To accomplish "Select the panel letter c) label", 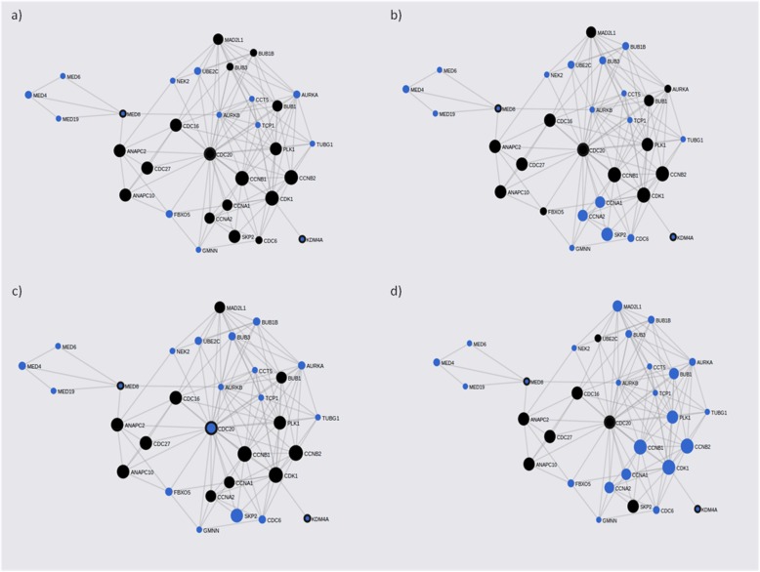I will [x=16, y=290].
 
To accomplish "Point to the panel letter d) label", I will [x=395, y=290].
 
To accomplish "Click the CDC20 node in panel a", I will [x=209, y=153].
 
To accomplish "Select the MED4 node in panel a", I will [x=29, y=95].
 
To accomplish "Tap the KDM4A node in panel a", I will [x=302, y=239].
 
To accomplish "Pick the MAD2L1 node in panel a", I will [x=219, y=39].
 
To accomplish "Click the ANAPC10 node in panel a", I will [x=125, y=195].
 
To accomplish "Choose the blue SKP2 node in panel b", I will [x=608, y=234].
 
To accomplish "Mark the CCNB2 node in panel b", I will [x=663, y=174].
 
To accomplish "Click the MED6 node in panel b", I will [x=439, y=70].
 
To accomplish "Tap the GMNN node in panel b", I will [x=571, y=249].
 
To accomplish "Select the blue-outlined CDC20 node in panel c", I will [x=210, y=429].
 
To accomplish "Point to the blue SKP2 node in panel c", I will [x=236, y=515].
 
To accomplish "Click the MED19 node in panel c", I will [x=54, y=391].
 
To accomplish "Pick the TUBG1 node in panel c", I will [x=316, y=418].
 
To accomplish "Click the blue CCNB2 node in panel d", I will [x=688, y=446].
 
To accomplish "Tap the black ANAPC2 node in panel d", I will [x=524, y=419].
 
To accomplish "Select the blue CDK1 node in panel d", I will [x=669, y=468].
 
